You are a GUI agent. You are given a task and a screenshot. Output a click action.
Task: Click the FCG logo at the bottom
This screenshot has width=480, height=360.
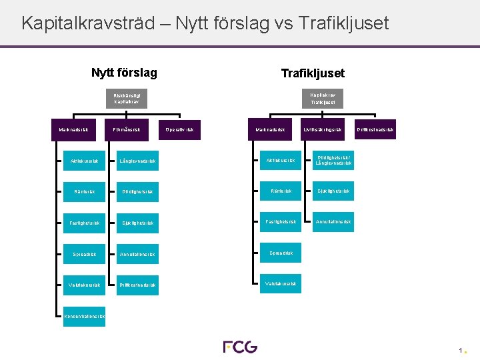point(240,347)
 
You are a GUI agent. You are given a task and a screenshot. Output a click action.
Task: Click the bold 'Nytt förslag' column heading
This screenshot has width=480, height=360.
point(124,72)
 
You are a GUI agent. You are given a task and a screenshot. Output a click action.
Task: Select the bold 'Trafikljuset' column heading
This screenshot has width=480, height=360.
point(313,73)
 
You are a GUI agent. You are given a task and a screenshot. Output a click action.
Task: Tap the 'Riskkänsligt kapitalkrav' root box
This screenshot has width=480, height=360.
point(127,99)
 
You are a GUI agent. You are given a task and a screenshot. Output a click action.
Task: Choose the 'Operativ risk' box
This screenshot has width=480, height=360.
point(180,129)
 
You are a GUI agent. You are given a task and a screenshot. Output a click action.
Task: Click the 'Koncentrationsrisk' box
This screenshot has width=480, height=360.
point(84,317)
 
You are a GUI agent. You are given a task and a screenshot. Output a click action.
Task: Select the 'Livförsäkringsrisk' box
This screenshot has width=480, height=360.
point(323,129)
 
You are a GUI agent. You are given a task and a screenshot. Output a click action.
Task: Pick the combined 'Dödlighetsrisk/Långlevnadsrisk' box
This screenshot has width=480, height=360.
point(333,160)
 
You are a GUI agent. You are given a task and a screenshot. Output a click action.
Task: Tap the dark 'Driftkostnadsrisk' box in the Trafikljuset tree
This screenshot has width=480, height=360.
point(375,129)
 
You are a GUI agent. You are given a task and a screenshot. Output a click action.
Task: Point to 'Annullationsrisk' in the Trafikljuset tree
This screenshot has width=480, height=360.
point(333,221)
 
